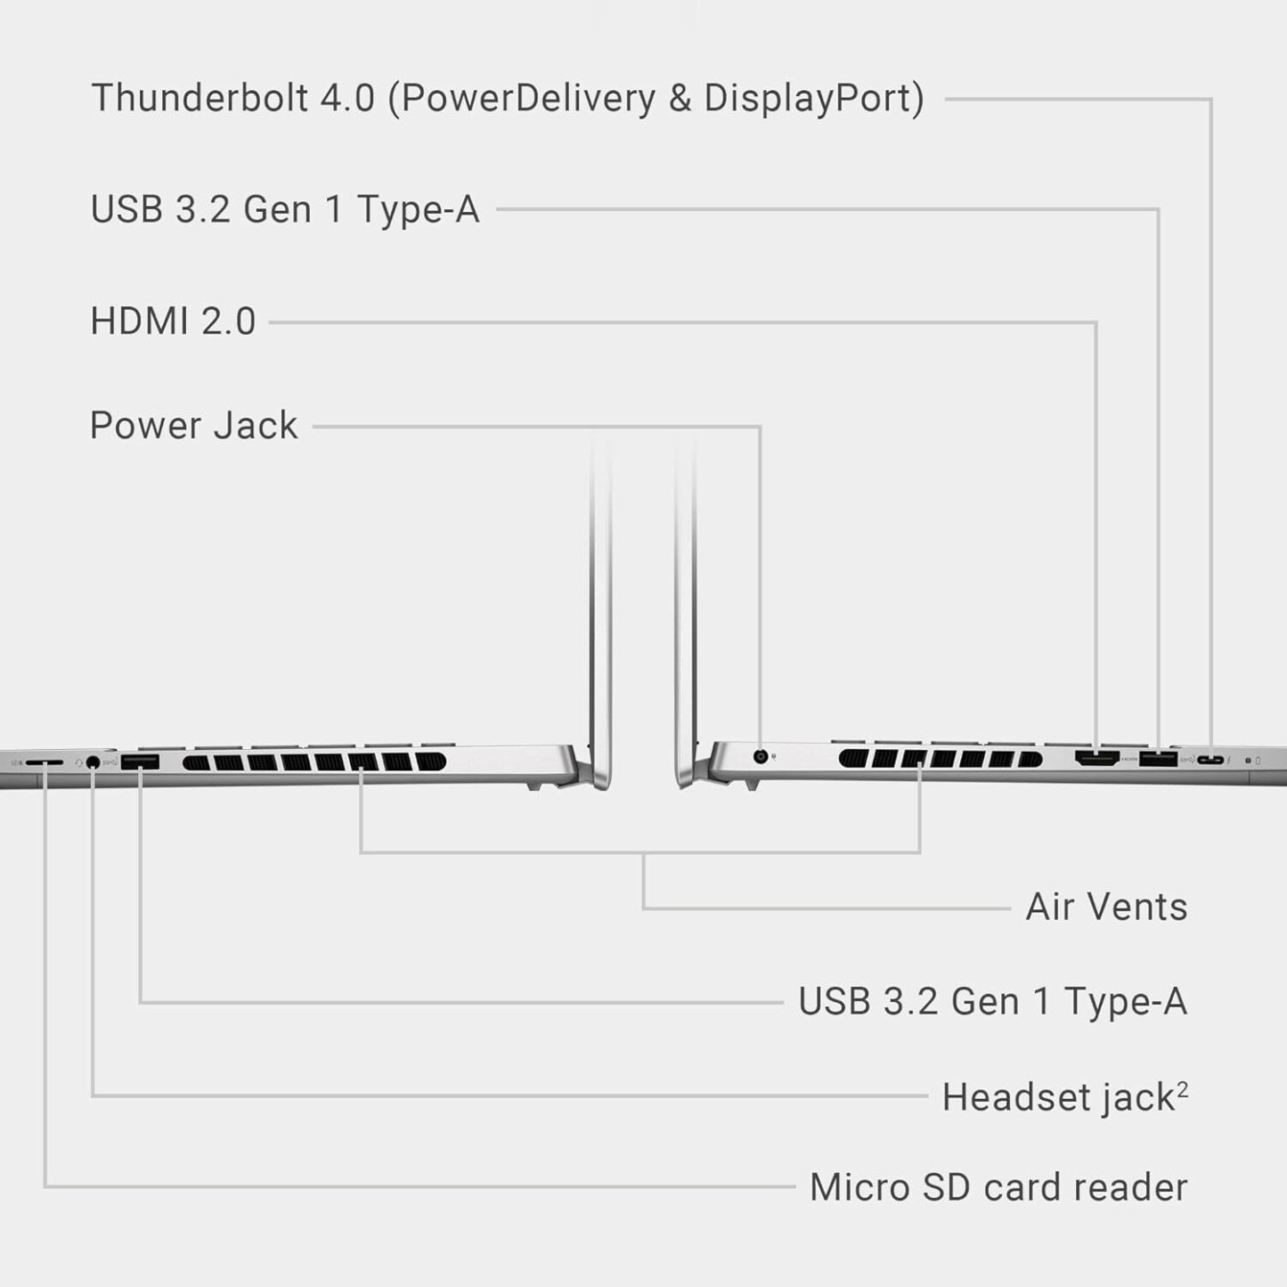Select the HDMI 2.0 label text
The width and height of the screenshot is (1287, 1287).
(x=173, y=321)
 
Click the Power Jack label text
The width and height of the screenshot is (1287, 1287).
(x=193, y=426)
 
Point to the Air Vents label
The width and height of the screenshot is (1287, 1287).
(x=1107, y=907)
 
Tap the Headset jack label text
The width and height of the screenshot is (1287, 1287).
(x=1059, y=1097)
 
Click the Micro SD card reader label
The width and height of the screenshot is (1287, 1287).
(x=998, y=1187)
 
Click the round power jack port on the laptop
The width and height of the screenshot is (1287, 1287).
(x=760, y=756)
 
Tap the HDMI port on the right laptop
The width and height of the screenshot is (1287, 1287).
(x=1096, y=758)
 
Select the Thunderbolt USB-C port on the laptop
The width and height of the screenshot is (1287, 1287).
(x=1210, y=760)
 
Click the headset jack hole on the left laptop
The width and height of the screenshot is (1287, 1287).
(x=93, y=761)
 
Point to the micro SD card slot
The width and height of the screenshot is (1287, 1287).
(x=45, y=762)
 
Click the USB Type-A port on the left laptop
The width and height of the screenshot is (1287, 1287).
(x=140, y=762)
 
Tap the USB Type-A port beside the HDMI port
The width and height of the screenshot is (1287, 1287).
(x=1158, y=759)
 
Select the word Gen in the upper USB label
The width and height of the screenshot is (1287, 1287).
(x=276, y=209)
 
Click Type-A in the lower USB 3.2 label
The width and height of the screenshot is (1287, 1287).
(x=1126, y=1001)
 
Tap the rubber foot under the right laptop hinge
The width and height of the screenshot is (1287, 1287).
(x=752, y=786)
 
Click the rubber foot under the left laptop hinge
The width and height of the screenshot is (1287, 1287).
(x=534, y=786)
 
